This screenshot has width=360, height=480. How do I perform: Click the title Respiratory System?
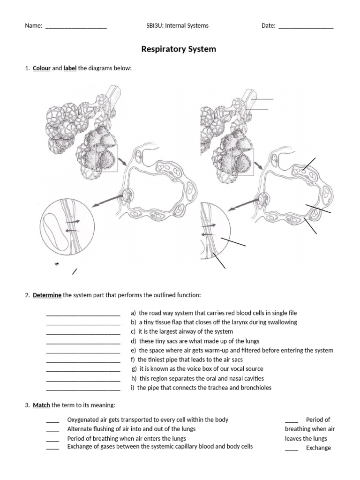coord(179,49)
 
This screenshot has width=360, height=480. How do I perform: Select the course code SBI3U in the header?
coord(155,26)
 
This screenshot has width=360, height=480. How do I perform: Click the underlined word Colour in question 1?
coord(41,68)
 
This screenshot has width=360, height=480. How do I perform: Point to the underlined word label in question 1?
coord(70,68)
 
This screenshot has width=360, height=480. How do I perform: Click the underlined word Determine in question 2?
coord(47,295)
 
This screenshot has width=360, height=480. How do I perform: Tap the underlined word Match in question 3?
coord(41,405)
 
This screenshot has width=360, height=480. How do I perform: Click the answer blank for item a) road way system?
coord(83,314)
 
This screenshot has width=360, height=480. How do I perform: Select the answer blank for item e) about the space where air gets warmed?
coord(83,352)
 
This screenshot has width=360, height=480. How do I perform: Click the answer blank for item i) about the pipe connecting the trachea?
coord(83,389)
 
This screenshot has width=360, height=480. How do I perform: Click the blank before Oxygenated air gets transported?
coord(52,421)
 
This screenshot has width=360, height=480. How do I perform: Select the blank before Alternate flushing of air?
coord(52,430)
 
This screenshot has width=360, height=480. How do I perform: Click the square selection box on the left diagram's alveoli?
coord(106,158)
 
